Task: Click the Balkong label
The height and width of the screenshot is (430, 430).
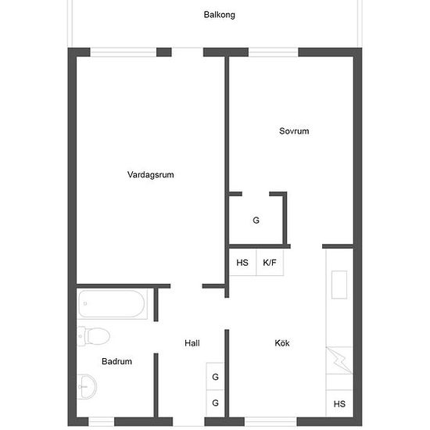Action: pyautogui.click(x=219, y=15)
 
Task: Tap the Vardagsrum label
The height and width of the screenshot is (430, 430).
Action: pyautogui.click(x=151, y=174)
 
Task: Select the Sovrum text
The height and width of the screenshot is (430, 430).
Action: pyautogui.click(x=294, y=131)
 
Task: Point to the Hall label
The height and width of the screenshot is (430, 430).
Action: pyautogui.click(x=192, y=343)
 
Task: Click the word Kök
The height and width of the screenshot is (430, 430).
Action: pyautogui.click(x=282, y=342)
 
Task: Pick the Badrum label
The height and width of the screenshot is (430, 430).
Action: pyautogui.click(x=116, y=361)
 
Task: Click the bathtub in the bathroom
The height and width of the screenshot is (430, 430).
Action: pyautogui.click(x=112, y=304)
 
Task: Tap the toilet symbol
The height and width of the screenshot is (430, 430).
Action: pyautogui.click(x=94, y=336)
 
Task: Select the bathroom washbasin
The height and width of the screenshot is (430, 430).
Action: pyautogui.click(x=87, y=387)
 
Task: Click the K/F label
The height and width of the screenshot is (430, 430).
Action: pyautogui.click(x=269, y=263)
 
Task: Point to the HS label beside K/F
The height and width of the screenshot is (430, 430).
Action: pyautogui.click(x=242, y=263)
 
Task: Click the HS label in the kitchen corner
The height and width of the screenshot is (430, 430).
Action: pyautogui.click(x=339, y=403)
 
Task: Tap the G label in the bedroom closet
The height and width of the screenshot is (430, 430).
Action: pyautogui.click(x=256, y=220)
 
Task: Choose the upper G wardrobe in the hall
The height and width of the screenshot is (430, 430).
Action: pyautogui.click(x=216, y=377)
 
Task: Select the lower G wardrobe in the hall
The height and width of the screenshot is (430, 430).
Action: pyautogui.click(x=216, y=403)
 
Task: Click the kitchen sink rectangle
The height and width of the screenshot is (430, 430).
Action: pyautogui.click(x=339, y=285)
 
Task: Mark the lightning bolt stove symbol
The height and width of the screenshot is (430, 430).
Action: pyautogui.click(x=339, y=360)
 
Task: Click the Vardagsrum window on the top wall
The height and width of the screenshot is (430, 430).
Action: pyautogui.click(x=124, y=52)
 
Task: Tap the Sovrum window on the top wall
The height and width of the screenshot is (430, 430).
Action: pyautogui.click(x=274, y=52)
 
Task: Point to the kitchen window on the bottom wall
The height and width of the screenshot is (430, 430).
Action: pyautogui.click(x=271, y=421)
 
